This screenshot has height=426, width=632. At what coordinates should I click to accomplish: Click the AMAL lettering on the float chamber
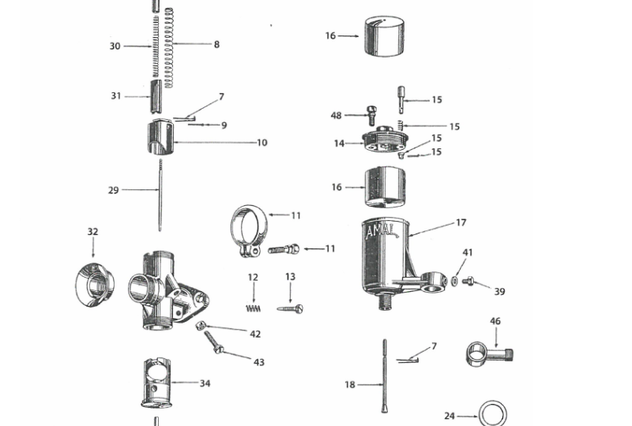(x=382, y=231)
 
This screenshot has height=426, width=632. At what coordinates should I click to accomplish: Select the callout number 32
(x=92, y=231)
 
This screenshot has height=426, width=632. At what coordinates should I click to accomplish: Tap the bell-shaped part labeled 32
(x=95, y=285)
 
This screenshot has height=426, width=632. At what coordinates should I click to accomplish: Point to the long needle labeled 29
(x=160, y=196)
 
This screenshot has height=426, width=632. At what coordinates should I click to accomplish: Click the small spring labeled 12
(x=253, y=308)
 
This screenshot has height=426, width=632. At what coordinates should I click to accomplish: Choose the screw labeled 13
(x=290, y=308)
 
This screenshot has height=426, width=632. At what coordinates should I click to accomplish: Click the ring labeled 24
(x=492, y=413)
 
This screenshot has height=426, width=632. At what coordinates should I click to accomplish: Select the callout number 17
(x=461, y=222)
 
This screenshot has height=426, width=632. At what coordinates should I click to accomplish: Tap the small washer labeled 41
(x=454, y=281)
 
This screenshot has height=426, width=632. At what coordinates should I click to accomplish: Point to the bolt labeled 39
(x=468, y=280)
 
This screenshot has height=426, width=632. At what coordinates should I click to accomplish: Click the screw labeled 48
(x=371, y=115)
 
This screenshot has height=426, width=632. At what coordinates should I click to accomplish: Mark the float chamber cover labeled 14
(x=386, y=140)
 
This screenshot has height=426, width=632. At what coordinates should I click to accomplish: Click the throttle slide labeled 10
(x=160, y=137)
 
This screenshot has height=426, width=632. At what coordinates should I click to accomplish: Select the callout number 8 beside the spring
(x=216, y=44)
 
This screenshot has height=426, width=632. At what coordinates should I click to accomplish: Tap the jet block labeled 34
(x=157, y=383)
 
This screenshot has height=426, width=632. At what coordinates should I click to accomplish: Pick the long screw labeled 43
(x=213, y=342)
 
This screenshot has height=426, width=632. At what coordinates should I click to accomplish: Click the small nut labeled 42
(x=199, y=325)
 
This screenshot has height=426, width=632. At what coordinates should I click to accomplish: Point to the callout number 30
(x=115, y=47)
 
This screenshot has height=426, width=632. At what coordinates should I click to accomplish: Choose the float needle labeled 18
(x=385, y=376)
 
